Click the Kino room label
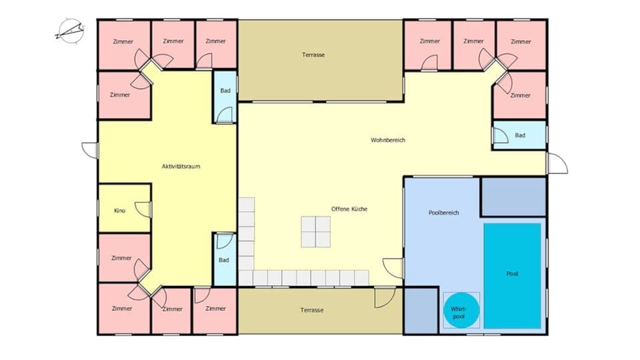pyautogui.click(x=120, y=211)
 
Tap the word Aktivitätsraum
pyautogui.click(x=181, y=166)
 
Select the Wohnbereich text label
pyautogui.click(x=388, y=140)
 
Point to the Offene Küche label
pyautogui.click(x=349, y=209)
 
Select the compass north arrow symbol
pyautogui.click(x=71, y=30)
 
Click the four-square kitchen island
pyautogui.click(x=315, y=232)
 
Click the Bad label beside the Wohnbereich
pyautogui.click(x=520, y=135)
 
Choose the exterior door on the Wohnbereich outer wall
pyautogui.click(x=556, y=163)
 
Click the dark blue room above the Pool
pyautogui.click(x=513, y=197)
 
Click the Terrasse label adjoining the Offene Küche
pyautogui.click(x=312, y=310)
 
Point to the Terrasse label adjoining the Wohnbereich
pyautogui.click(x=313, y=55)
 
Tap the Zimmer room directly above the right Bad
pyautogui.click(x=520, y=95)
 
